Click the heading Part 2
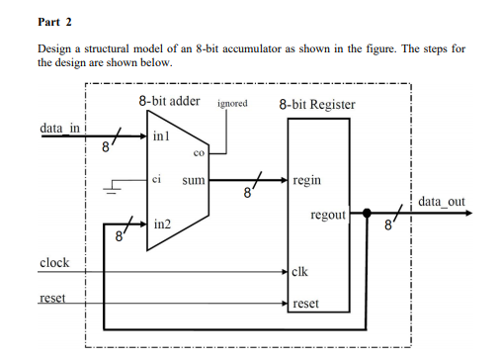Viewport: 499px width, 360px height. point(55,21)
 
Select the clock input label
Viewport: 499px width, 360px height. point(54,262)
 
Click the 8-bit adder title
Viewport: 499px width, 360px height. point(169,102)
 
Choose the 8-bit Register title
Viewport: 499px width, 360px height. point(317,104)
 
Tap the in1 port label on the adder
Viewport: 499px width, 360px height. point(163,135)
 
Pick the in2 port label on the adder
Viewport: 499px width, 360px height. point(163,226)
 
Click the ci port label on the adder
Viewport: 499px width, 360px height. point(157,180)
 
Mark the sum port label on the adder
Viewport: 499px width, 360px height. point(194,181)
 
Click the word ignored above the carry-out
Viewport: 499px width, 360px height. point(232,103)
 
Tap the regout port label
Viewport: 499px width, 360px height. point(327,215)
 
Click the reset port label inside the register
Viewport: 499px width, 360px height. point(306,304)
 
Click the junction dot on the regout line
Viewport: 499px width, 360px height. point(367,212)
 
